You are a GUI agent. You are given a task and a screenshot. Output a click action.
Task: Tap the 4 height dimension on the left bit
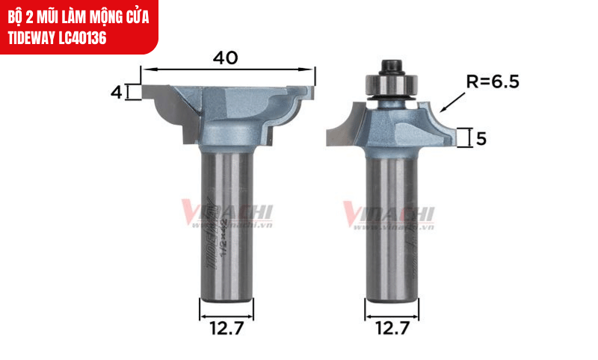(x=116, y=92)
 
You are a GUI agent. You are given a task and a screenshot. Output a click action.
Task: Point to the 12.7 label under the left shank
(x=226, y=326)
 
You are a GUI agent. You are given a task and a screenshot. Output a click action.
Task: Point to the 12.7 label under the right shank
(x=392, y=326)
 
